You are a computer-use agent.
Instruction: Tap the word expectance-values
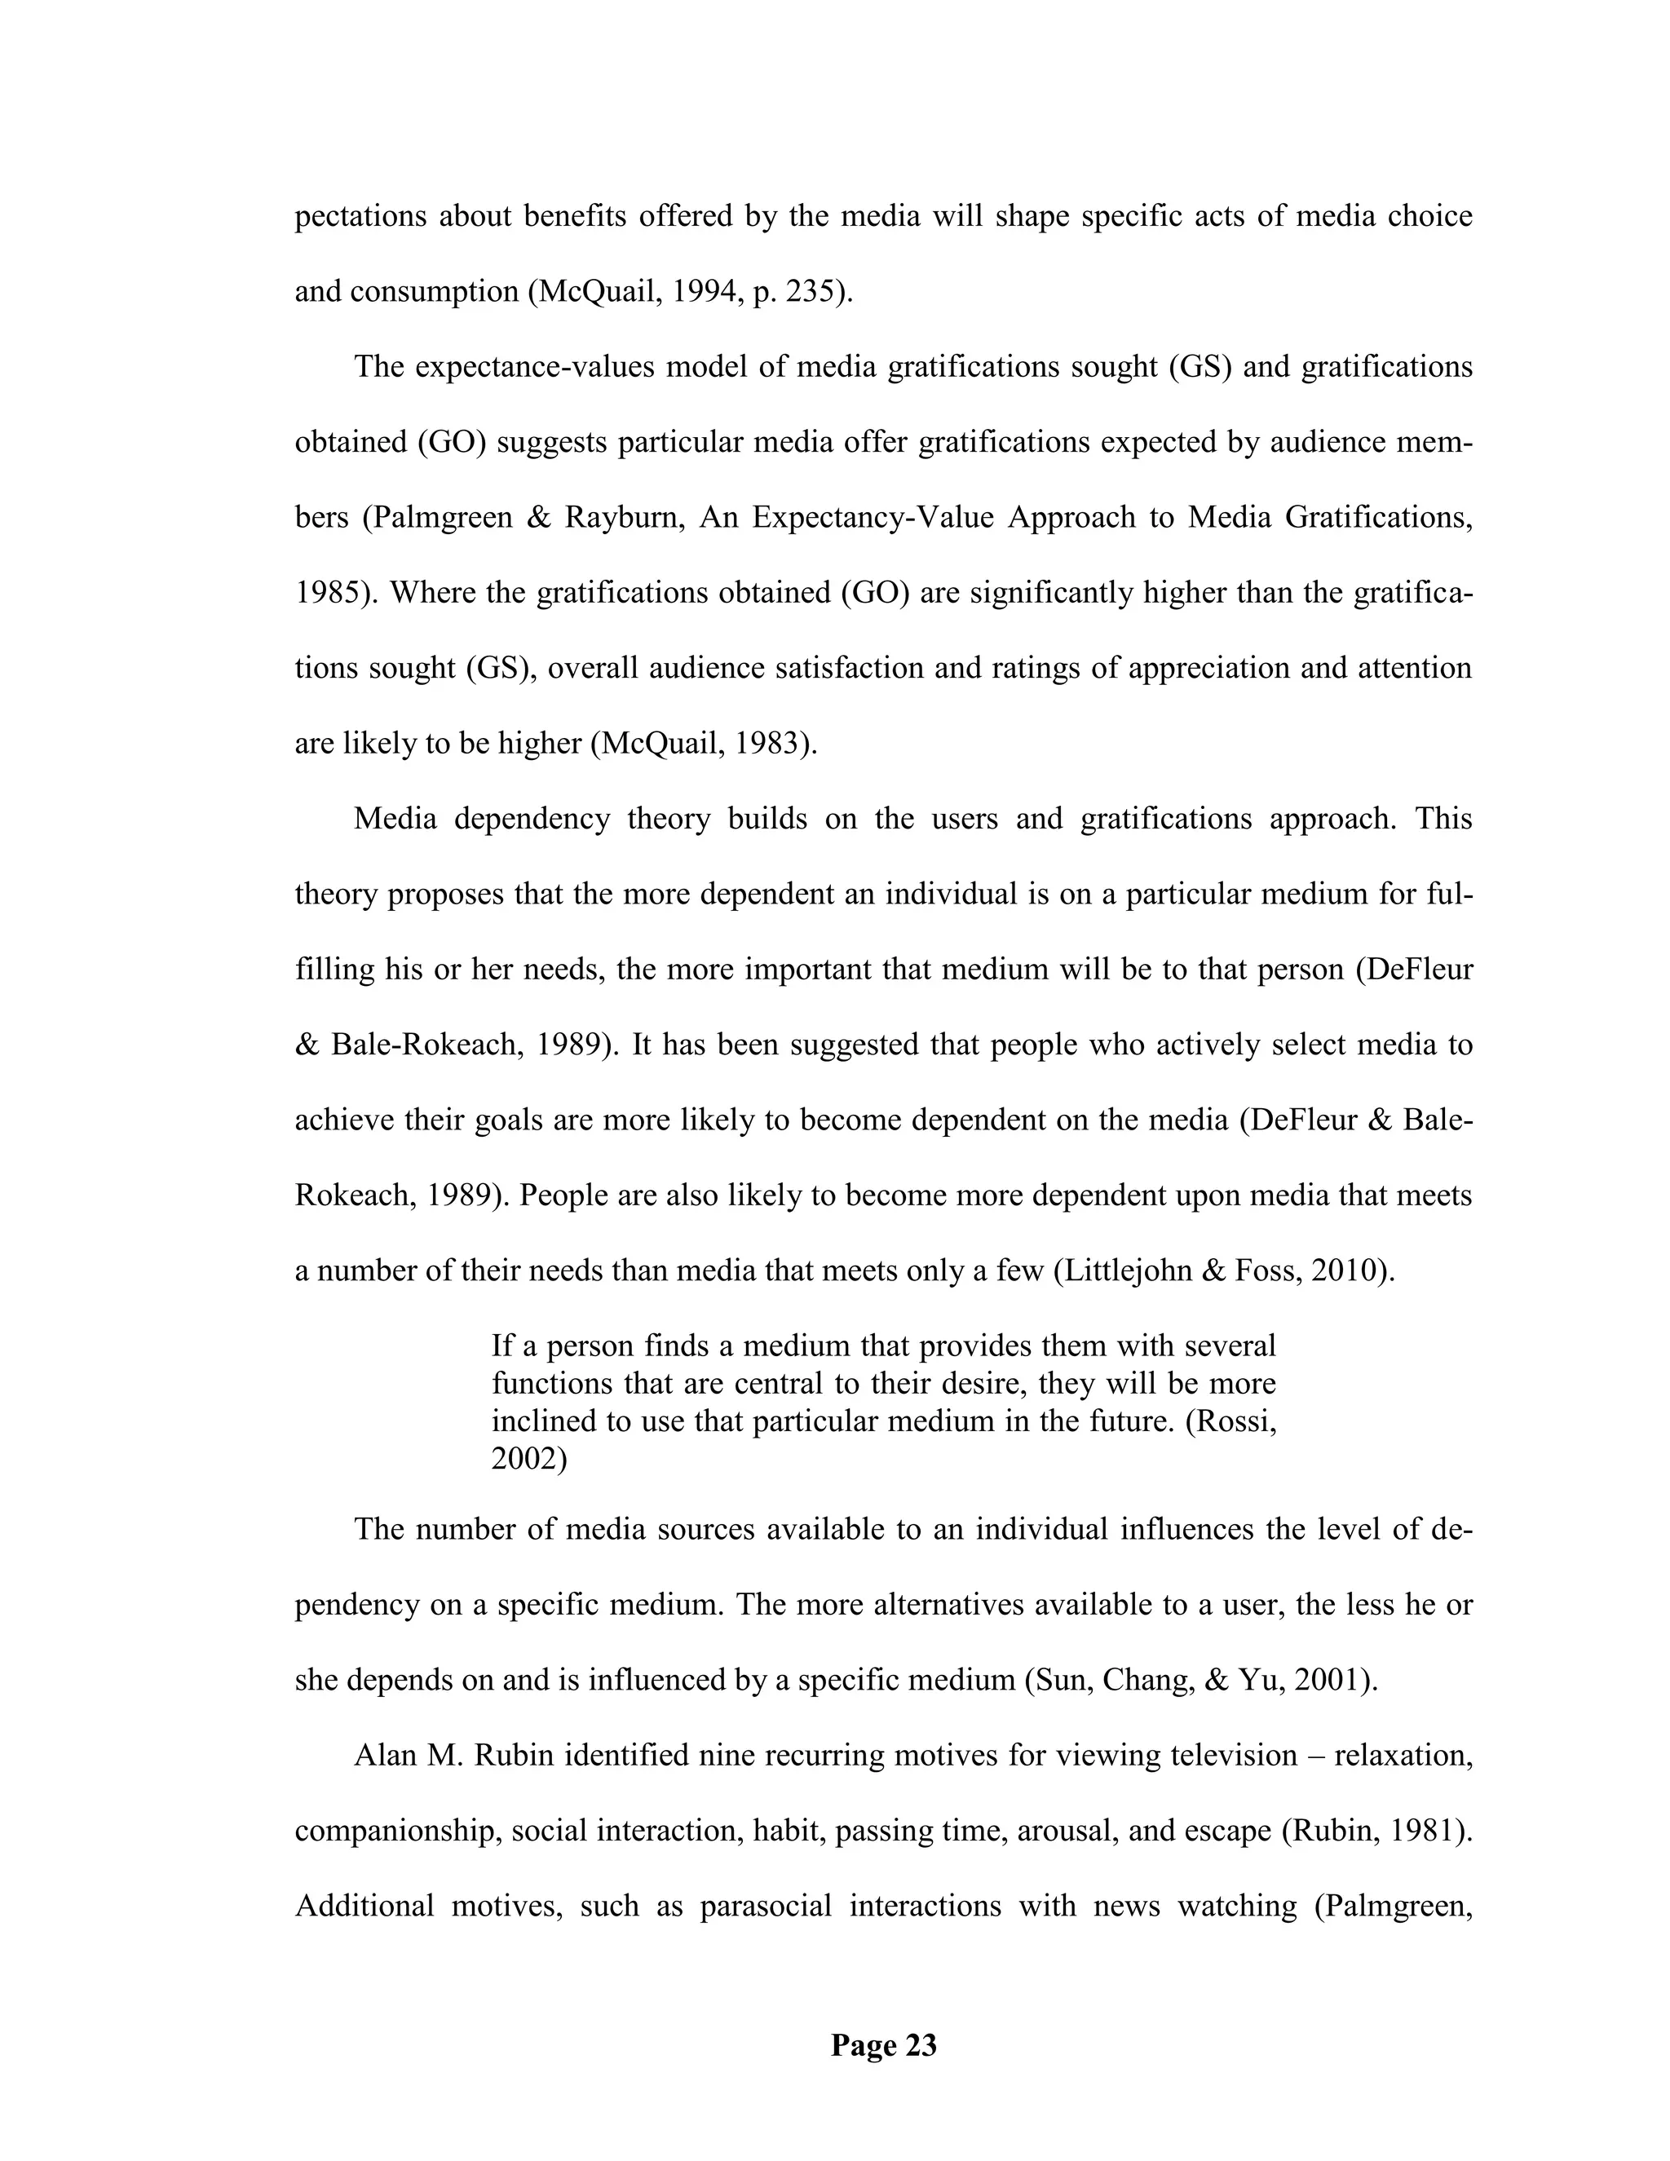point(533,367)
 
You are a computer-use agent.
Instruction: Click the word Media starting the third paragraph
point(395,820)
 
